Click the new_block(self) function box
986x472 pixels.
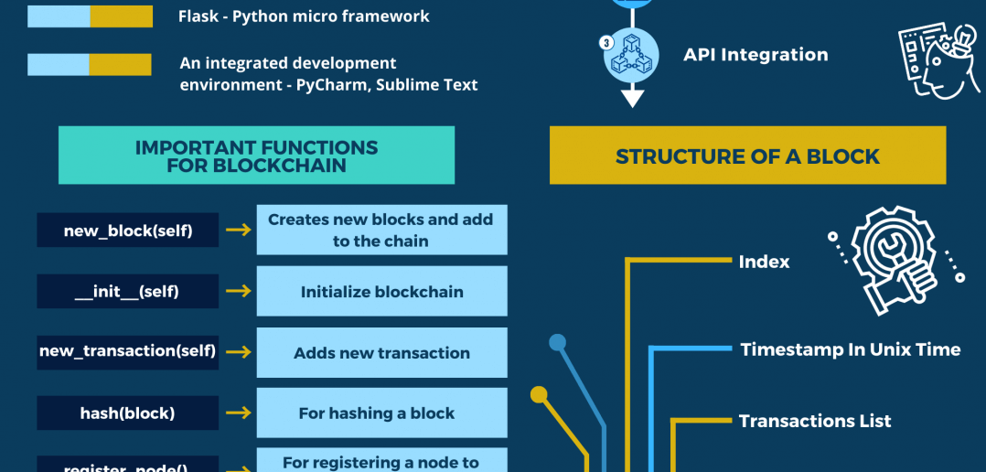click(x=127, y=231)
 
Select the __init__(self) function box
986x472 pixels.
click(x=127, y=292)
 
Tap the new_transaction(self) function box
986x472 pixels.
click(x=127, y=351)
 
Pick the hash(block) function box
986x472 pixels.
click(x=127, y=413)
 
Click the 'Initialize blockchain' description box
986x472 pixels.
click(x=381, y=292)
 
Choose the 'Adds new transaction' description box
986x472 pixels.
click(x=381, y=353)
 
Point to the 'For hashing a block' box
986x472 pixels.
click(x=381, y=413)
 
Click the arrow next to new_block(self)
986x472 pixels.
click(x=238, y=231)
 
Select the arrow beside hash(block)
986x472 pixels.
click(x=238, y=413)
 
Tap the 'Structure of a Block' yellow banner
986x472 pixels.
click(x=747, y=156)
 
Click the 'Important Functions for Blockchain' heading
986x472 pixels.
click(x=256, y=156)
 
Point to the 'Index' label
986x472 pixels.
click(x=764, y=262)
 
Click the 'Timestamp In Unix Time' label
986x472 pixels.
click(x=850, y=349)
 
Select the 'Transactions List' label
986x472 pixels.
click(x=814, y=421)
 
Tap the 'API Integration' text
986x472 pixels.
click(x=756, y=55)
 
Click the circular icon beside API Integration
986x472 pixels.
click(x=630, y=55)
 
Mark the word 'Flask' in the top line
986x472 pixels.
click(x=200, y=16)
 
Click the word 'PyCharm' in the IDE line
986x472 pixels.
click(x=329, y=85)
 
